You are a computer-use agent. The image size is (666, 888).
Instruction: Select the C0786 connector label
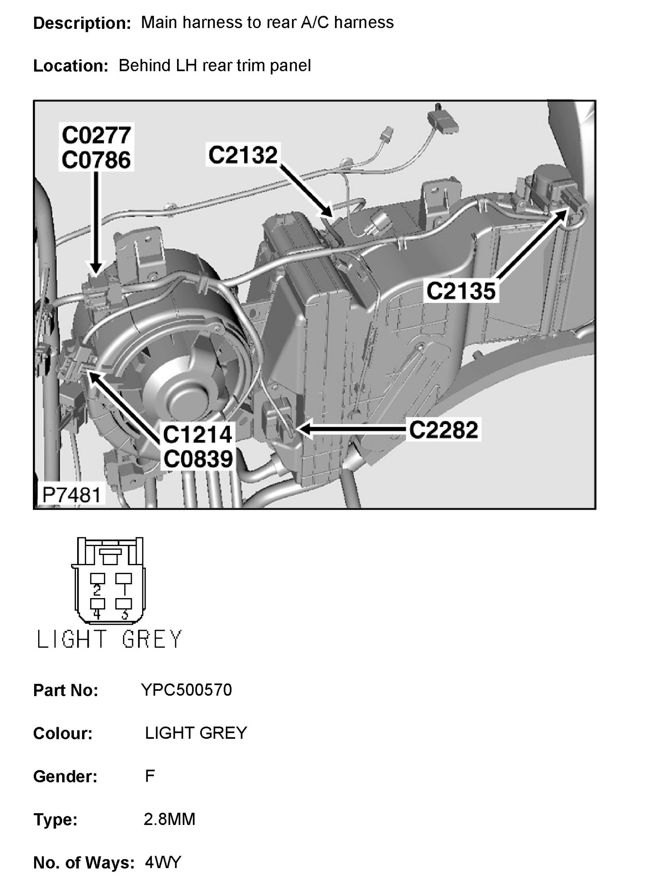coord(96,160)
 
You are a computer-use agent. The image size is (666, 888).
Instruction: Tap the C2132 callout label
coord(243,155)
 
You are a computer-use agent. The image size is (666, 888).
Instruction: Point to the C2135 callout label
coord(461,292)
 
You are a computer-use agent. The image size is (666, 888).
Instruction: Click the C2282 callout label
coord(443,430)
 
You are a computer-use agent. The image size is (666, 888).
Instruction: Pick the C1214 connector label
coord(197,434)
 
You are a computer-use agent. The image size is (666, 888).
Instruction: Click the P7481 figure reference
coord(71,495)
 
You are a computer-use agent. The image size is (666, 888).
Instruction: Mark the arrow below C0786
coord(96,222)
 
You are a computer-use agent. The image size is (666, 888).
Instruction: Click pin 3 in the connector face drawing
coord(124,604)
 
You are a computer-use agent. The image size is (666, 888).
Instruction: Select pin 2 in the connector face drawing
coord(97,579)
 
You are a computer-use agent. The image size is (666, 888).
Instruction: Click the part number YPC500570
coord(186,690)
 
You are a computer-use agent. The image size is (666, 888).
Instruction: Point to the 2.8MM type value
coord(169,819)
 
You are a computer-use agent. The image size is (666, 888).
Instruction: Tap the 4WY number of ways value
coord(163,862)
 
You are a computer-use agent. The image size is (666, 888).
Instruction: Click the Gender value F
coord(150,776)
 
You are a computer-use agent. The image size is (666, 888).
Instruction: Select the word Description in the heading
coord(82,23)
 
